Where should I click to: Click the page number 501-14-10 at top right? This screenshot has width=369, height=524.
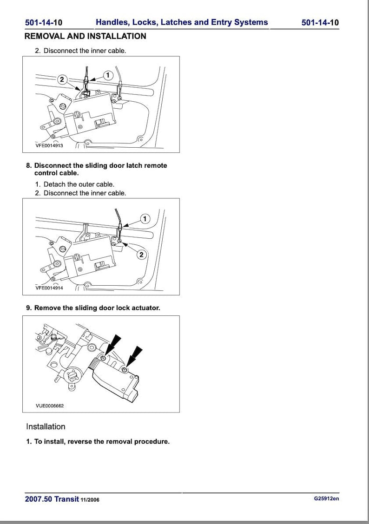click(x=320, y=22)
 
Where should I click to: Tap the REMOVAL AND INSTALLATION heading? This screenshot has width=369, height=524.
click(x=85, y=36)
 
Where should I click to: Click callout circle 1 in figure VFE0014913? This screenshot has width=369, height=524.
click(x=107, y=75)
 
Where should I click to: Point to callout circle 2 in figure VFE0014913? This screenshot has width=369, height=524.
click(x=62, y=79)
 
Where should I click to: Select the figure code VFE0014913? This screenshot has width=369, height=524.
click(x=49, y=145)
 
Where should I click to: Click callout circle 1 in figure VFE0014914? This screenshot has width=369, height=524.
click(x=145, y=218)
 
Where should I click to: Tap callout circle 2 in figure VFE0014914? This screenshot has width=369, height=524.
click(x=142, y=254)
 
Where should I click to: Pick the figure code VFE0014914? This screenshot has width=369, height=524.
click(x=49, y=288)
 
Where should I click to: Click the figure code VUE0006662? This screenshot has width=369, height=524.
click(x=49, y=406)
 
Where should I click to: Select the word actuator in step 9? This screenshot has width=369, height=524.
click(x=145, y=308)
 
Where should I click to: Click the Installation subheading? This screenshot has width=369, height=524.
click(x=46, y=426)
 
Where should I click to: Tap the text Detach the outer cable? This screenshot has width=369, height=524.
click(x=79, y=184)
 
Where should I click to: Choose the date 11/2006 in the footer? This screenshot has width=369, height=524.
click(x=90, y=500)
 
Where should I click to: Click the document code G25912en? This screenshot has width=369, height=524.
click(x=326, y=499)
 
